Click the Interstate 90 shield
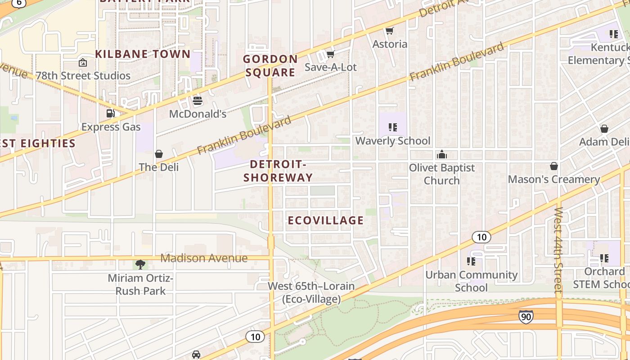point(526,317)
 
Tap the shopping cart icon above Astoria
point(390,31)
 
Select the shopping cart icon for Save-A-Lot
point(330,54)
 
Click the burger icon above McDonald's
point(197,101)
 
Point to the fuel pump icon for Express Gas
point(111,113)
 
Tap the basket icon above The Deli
point(159,154)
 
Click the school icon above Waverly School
point(393,128)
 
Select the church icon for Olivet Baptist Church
point(442,155)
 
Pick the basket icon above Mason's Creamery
point(554,166)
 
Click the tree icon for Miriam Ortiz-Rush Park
point(140,265)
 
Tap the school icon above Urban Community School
point(471,261)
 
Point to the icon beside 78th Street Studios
point(83,63)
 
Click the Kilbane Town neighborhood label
point(143,54)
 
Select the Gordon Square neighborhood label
point(270,65)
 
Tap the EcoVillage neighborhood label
point(325,220)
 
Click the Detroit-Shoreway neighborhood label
point(278,171)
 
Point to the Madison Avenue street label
point(204,258)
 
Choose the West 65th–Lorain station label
point(311,292)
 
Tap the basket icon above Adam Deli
point(604,129)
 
